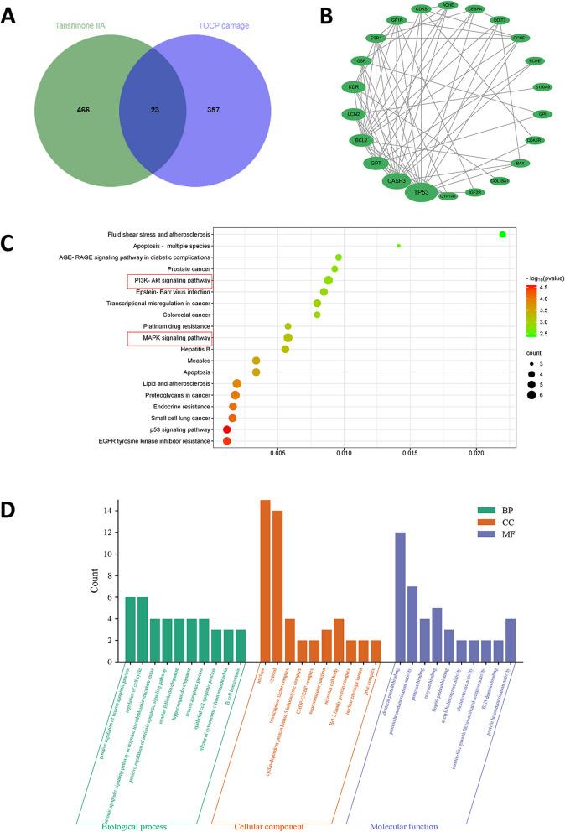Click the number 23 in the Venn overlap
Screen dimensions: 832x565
click(x=152, y=109)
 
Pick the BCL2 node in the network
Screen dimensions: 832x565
click(x=361, y=140)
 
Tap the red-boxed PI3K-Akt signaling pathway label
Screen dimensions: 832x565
click(x=169, y=280)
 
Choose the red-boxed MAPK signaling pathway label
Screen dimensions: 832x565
click(x=169, y=338)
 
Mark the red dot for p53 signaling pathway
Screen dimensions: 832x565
click(x=226, y=429)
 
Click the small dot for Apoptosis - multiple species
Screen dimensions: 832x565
click(x=398, y=246)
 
